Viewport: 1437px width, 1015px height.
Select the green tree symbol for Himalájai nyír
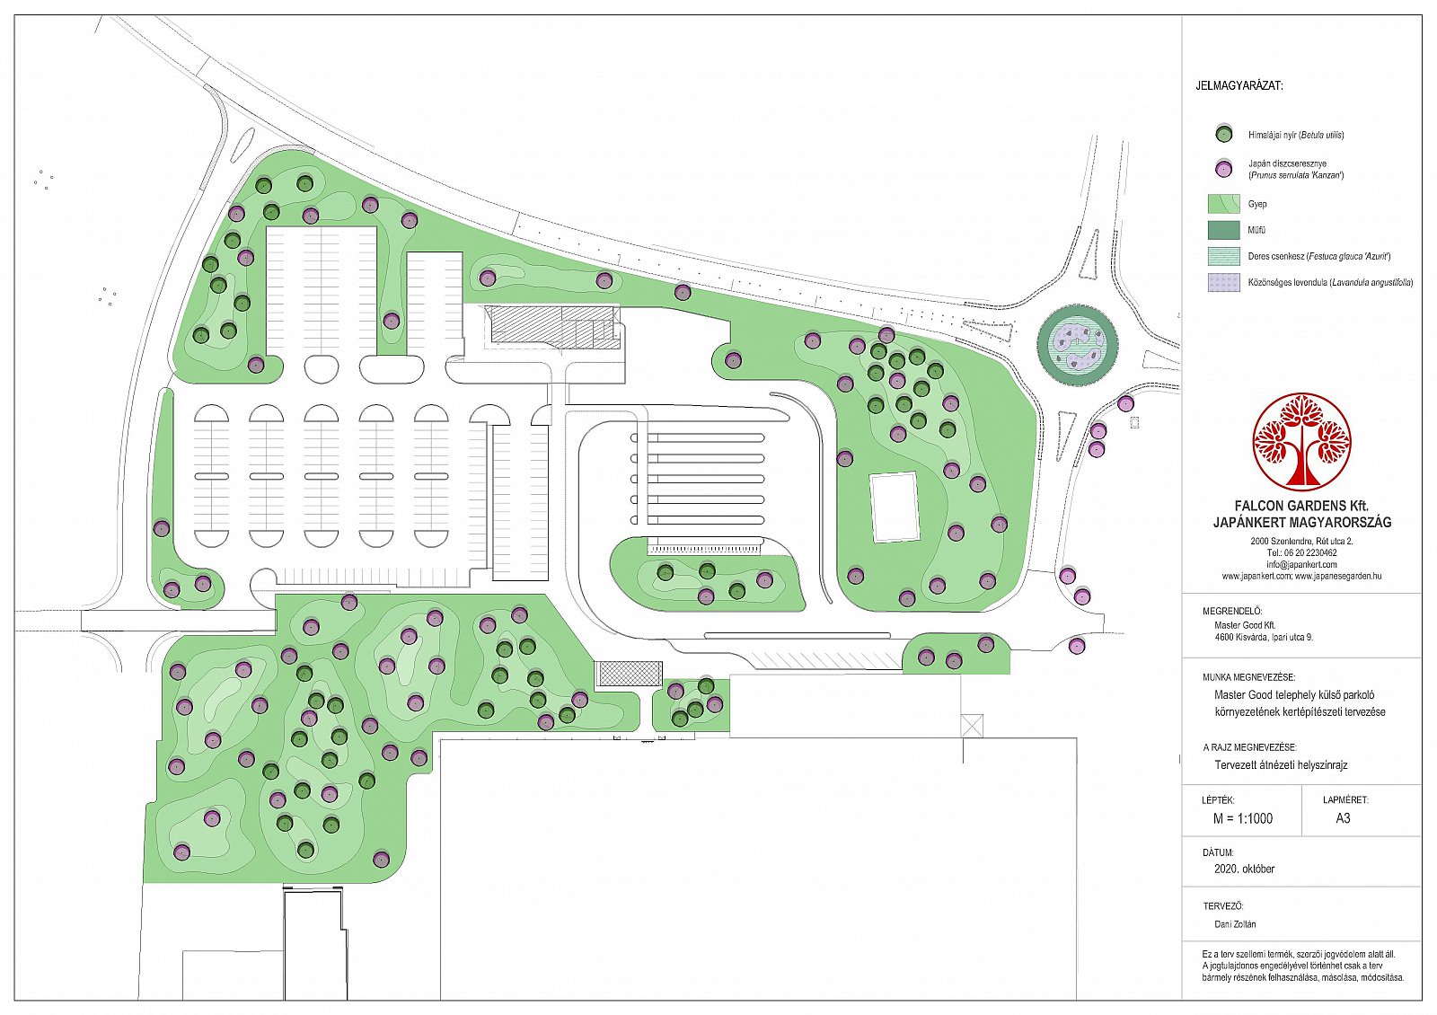coord(1225,134)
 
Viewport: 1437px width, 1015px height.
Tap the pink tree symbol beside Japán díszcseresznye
coord(1225,170)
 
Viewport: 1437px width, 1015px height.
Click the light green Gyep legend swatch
coord(1224,204)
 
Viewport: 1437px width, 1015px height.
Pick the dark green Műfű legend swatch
coord(1224,230)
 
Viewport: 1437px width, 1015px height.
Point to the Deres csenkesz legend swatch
coord(1224,257)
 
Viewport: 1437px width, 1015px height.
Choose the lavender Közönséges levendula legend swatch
coord(1224,282)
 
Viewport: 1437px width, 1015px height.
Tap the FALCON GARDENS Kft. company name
coord(1301,507)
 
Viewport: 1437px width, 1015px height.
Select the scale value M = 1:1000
coord(1243,818)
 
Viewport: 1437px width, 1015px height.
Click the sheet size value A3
coord(1343,818)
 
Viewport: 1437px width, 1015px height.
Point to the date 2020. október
coord(1244,869)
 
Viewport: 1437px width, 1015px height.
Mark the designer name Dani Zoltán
coord(1236,924)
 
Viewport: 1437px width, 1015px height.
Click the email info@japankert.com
coord(1301,565)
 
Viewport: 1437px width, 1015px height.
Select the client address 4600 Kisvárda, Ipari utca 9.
coord(1263,638)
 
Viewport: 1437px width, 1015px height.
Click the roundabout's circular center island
coord(1078,345)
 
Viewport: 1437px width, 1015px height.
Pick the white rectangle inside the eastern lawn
coord(895,507)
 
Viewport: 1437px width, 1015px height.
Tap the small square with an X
coord(972,726)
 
